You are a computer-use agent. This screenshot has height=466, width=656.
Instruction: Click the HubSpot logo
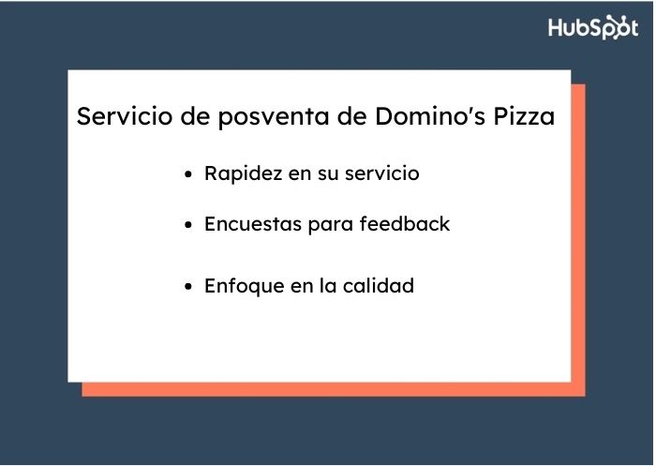593,27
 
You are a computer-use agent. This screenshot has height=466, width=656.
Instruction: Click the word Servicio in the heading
118,118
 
